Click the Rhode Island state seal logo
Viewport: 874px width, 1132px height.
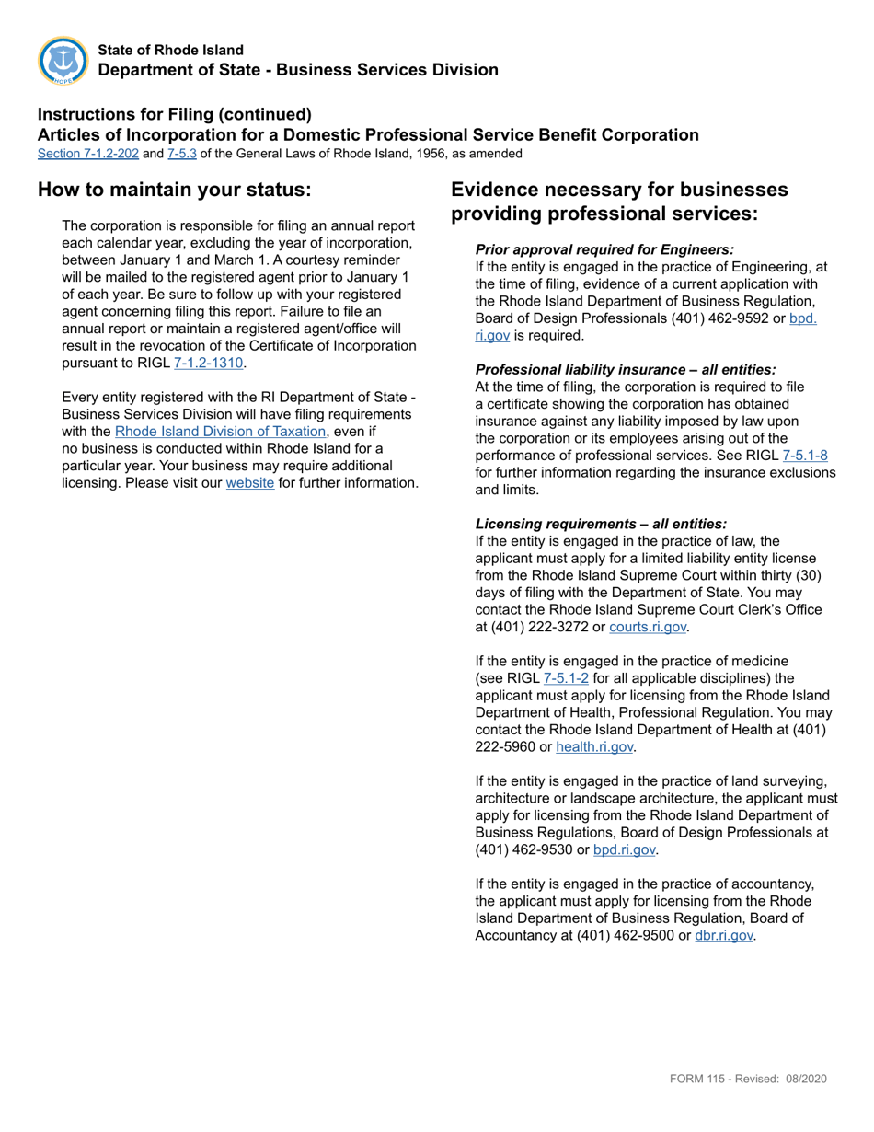click(x=63, y=61)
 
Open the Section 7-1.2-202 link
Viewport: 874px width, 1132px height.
click(x=88, y=154)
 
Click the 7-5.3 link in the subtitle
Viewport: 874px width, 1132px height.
click(x=181, y=154)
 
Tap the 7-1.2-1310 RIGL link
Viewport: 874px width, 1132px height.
click(x=208, y=363)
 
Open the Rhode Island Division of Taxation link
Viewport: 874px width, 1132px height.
click(x=220, y=431)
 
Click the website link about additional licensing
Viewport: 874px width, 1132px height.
click(x=249, y=482)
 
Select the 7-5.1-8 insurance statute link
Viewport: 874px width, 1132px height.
click(x=805, y=455)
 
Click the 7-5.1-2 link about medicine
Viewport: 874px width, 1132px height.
click(x=566, y=678)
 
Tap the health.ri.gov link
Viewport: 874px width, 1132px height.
click(x=594, y=746)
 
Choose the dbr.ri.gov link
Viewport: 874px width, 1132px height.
click(x=724, y=935)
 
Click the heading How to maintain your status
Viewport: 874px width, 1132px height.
click(x=174, y=190)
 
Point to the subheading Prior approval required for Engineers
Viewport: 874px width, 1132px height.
click(x=604, y=249)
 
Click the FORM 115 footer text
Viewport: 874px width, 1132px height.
click(x=748, y=1079)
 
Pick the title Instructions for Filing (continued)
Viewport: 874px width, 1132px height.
click(x=175, y=114)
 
